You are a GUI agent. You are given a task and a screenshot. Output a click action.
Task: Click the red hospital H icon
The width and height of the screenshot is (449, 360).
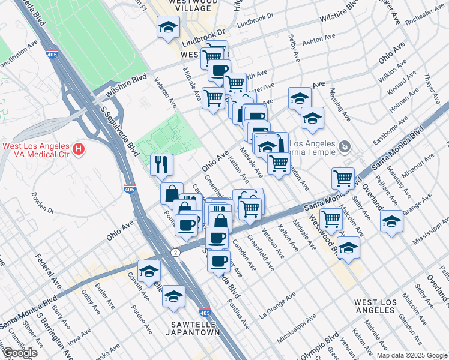(77, 148)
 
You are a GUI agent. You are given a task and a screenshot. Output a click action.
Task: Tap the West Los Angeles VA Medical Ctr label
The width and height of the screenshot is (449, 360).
(36, 148)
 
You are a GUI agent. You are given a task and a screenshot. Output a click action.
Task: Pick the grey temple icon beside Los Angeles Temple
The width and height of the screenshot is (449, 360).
(344, 146)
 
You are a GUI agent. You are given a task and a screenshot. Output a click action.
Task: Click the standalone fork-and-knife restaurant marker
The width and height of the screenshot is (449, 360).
(161, 165)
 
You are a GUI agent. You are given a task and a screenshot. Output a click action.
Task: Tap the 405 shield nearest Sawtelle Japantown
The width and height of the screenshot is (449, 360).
(205, 313)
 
